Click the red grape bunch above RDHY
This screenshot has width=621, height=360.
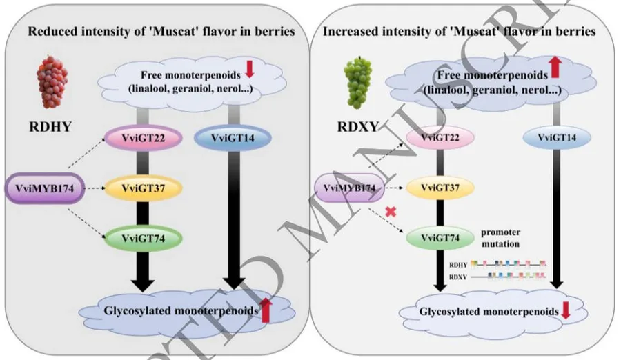52,82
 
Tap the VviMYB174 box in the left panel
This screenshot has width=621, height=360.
44,188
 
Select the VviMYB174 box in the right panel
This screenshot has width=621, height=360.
349,188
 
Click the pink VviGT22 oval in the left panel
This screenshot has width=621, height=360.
144,138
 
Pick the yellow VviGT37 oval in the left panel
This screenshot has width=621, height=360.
144,188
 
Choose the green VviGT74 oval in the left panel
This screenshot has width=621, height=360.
144,239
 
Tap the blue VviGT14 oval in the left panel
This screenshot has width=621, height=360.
233,138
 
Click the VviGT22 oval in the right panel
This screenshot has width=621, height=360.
440,137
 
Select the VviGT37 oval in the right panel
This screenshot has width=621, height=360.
440,188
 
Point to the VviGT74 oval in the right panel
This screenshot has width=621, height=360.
440,238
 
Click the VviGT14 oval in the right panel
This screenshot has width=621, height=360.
557,137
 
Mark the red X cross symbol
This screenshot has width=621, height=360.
391,212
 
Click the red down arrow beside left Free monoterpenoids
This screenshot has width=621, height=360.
250,69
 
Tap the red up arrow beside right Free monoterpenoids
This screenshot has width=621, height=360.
555,66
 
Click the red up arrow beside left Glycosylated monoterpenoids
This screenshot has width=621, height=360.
266,310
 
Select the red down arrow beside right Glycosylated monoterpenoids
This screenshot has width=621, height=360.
566,310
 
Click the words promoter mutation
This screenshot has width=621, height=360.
501,238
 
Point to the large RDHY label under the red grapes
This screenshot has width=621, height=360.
50,127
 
